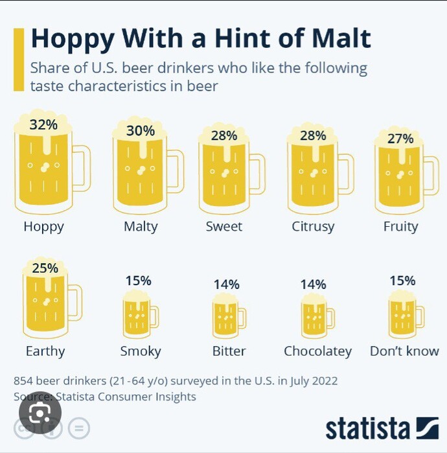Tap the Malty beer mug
[141, 172]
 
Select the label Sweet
[223, 226]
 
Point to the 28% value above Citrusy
[313, 135]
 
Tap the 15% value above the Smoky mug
[138, 281]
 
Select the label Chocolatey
[317, 351]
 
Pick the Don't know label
[404, 351]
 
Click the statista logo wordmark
[367, 428]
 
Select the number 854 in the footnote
[25, 381]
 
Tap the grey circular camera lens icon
[40, 412]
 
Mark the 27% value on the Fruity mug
[400, 138]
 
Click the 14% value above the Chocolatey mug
[313, 284]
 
